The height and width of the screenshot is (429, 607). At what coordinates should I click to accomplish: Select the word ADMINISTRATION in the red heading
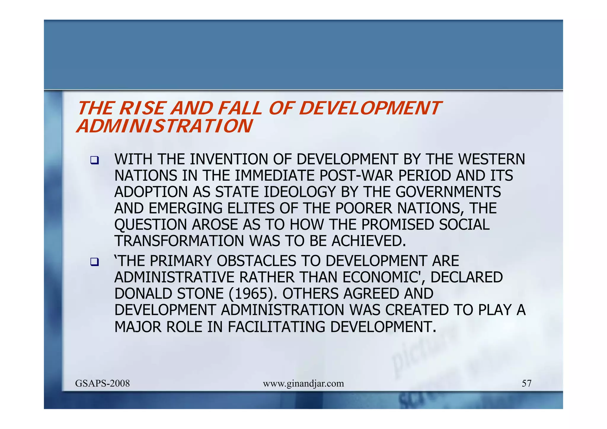point(164,126)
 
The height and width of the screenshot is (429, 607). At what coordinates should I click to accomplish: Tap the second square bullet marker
point(95,262)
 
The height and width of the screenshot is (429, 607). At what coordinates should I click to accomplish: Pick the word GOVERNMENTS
point(448,192)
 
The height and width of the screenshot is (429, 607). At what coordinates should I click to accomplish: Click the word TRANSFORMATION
point(180,241)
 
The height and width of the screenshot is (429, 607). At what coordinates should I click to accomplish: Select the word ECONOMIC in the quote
point(385,278)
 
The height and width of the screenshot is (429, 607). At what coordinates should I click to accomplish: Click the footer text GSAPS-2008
point(103,384)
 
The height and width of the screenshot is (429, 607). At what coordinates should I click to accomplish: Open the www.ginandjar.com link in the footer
point(303,384)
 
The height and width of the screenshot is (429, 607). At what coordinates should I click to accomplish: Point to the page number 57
point(526,384)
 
